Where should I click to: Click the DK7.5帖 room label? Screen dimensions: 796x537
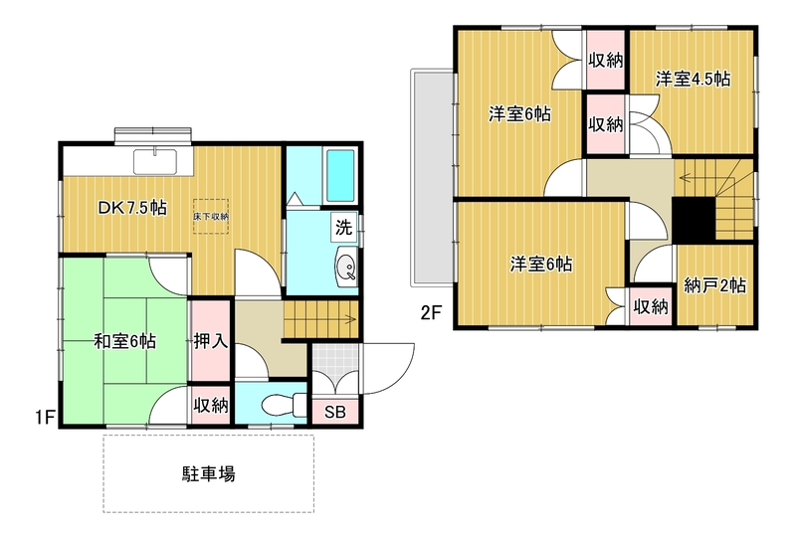132,208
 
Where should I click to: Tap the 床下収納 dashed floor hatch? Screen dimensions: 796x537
211,216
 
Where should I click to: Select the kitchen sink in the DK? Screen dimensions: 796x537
155,162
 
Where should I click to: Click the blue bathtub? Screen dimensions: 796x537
340,176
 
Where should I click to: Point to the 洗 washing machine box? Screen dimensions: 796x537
343,228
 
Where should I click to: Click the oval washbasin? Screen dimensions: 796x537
346,267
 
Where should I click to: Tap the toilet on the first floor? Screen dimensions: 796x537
284,405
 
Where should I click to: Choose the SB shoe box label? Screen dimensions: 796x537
335,412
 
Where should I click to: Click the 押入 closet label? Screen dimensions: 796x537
210,341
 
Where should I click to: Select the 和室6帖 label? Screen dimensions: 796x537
125,341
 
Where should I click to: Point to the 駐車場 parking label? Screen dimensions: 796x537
209,474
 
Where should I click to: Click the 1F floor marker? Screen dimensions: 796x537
45,418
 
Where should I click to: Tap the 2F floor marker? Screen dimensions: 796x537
431,313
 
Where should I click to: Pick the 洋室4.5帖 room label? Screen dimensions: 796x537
693,79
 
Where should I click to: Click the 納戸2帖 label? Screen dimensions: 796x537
714,285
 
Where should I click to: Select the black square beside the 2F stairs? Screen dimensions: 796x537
694,219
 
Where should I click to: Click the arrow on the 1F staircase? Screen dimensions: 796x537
349,319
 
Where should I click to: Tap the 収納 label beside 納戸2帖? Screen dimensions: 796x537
651,306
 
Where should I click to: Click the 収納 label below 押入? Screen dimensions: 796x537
211,405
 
